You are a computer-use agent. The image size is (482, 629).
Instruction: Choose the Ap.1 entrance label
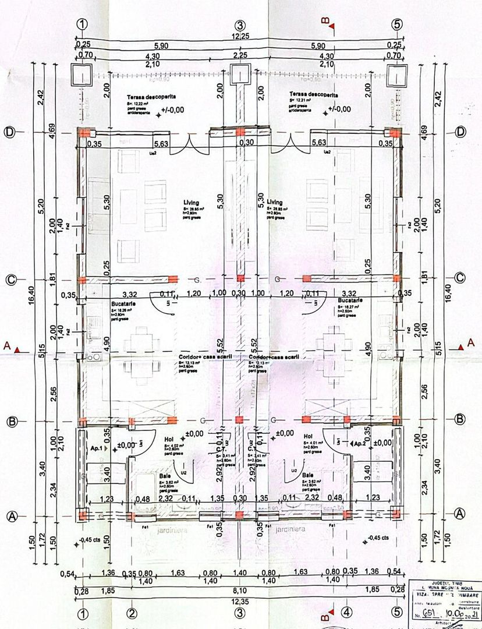tap(97, 449)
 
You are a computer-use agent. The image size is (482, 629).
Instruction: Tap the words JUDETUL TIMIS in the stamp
tap(445, 583)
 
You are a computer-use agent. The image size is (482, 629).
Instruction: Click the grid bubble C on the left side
tap(10, 280)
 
